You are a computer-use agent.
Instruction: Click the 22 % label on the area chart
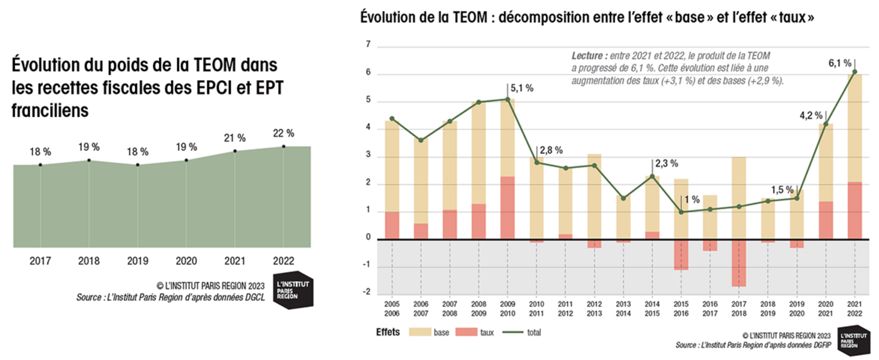[x=283, y=134]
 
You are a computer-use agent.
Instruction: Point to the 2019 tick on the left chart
[x=138, y=261]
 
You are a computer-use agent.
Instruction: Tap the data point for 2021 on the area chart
[x=235, y=151]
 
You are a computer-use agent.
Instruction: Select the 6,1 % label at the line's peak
[x=839, y=63]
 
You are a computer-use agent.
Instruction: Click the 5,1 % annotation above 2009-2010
[x=522, y=88]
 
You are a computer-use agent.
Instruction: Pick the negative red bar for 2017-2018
[x=739, y=263]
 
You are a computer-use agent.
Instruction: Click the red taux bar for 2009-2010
[x=508, y=208]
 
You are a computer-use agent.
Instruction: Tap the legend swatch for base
[x=420, y=332]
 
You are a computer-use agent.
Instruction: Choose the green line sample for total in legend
[x=513, y=332]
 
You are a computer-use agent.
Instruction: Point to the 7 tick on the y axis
[x=368, y=44]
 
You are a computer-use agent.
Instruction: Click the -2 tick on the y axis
[x=366, y=292]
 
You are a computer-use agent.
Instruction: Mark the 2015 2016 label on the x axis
[x=681, y=309]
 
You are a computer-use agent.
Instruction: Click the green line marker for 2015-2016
[x=681, y=212]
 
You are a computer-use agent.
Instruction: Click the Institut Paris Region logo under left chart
[x=293, y=290]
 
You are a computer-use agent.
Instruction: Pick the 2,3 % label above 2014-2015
[x=666, y=164]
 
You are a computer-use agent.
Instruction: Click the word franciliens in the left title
[x=50, y=111]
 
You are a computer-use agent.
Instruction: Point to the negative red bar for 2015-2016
[x=681, y=255]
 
